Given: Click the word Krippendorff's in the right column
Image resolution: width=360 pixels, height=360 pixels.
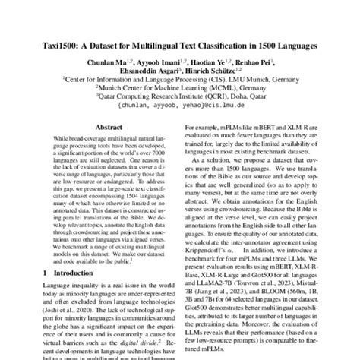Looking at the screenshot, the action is pyautogui.click(x=210, y=247).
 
